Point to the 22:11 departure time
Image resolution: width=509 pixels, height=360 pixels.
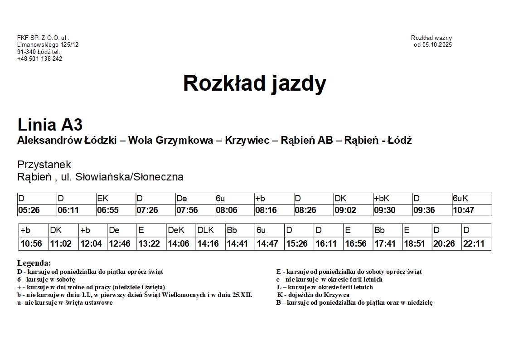pos(474,244)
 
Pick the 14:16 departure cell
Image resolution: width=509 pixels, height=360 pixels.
pos(208,244)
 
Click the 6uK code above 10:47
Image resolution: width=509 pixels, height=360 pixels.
pos(461,199)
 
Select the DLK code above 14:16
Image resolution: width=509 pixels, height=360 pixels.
pos(205,230)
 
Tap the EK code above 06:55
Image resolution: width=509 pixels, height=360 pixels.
pos(103,199)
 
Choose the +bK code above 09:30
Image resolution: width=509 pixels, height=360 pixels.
pos(382,199)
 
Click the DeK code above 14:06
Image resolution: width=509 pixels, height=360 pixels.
pos(176,230)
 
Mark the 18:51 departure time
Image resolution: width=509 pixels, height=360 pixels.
pos(414,244)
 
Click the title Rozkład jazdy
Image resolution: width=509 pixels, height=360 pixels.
pos(254,83)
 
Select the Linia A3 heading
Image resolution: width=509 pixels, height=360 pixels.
pos(50,125)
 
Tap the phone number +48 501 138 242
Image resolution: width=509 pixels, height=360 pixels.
pos(39,59)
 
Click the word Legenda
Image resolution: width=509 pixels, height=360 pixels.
pos(34,263)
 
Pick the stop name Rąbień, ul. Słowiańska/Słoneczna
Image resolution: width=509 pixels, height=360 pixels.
pos(100,177)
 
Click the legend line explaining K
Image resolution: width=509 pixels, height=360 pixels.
pos(313,295)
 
